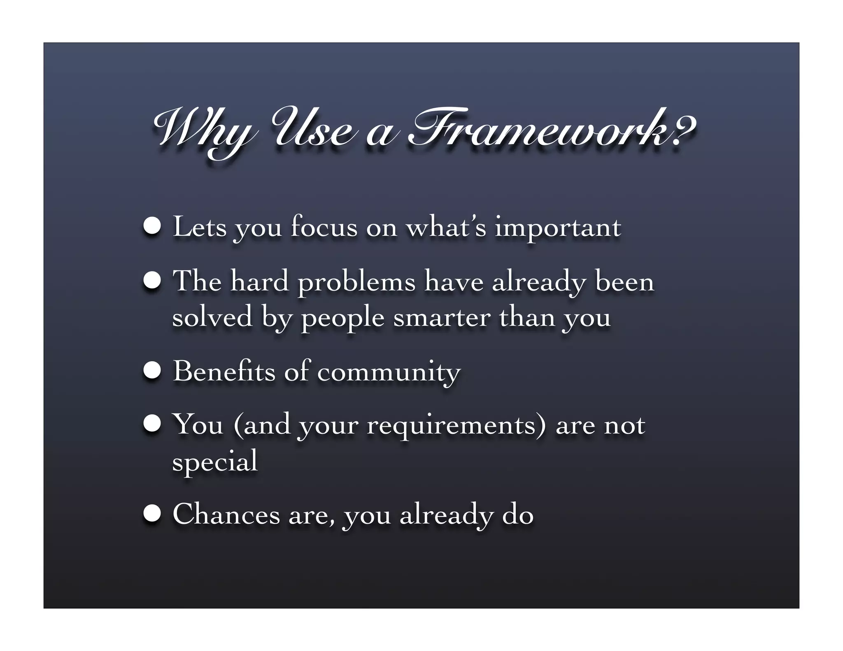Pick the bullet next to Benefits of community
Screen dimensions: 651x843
click(x=152, y=371)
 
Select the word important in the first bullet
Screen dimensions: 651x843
click(x=558, y=228)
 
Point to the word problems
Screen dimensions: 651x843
click(x=356, y=283)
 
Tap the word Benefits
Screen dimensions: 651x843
click(x=224, y=371)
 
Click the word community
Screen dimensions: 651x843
click(x=389, y=373)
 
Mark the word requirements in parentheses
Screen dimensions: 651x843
click(x=456, y=425)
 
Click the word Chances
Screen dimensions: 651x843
click(x=226, y=514)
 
